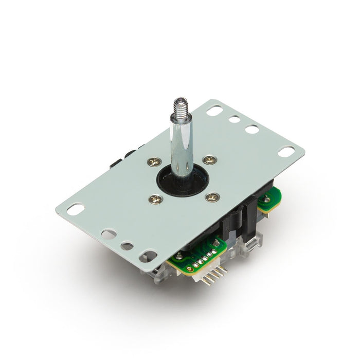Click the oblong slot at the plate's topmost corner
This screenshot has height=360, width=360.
(x=216, y=110)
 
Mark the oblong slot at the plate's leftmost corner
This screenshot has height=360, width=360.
(x=76, y=209)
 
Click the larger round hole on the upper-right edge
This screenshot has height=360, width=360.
(x=252, y=129)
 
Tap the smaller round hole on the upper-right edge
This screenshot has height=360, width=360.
(x=234, y=119)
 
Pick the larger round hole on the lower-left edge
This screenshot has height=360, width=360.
(x=109, y=235)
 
